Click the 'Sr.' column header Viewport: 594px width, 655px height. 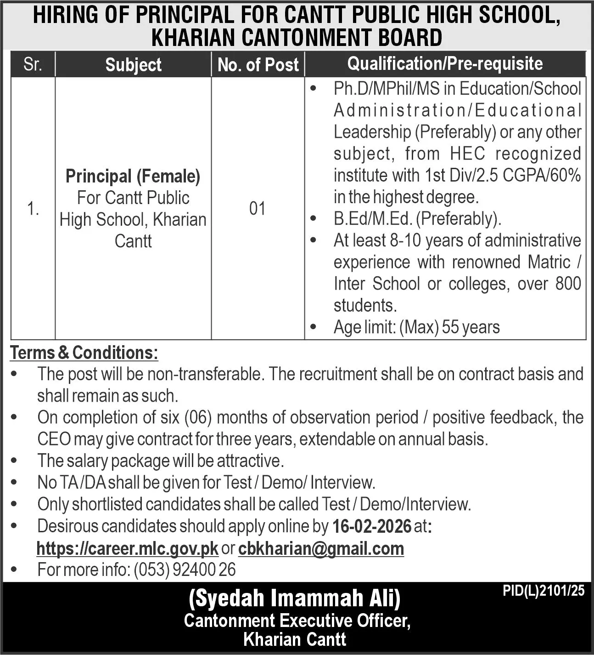pos(33,64)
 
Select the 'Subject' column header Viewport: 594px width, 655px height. pos(133,65)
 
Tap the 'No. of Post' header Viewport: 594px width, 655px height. pos(258,65)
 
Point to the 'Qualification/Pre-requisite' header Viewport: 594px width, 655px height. pos(445,64)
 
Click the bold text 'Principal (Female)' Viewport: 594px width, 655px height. pos(133,176)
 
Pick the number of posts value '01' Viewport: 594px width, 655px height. pos(258,209)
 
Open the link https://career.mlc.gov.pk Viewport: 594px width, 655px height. pos(127,548)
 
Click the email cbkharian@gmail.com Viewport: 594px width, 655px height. pos(321,548)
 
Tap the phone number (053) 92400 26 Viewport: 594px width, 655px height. pos(185,570)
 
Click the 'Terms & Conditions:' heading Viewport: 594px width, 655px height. pos(84,353)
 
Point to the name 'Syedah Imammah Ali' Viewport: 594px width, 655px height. pos(295,599)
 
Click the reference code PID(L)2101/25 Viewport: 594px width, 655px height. pos(544,591)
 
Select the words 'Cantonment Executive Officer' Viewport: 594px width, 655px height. pos(297,621)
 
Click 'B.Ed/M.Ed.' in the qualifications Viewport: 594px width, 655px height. pos(373,219)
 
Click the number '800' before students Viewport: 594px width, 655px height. pos(568,284)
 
